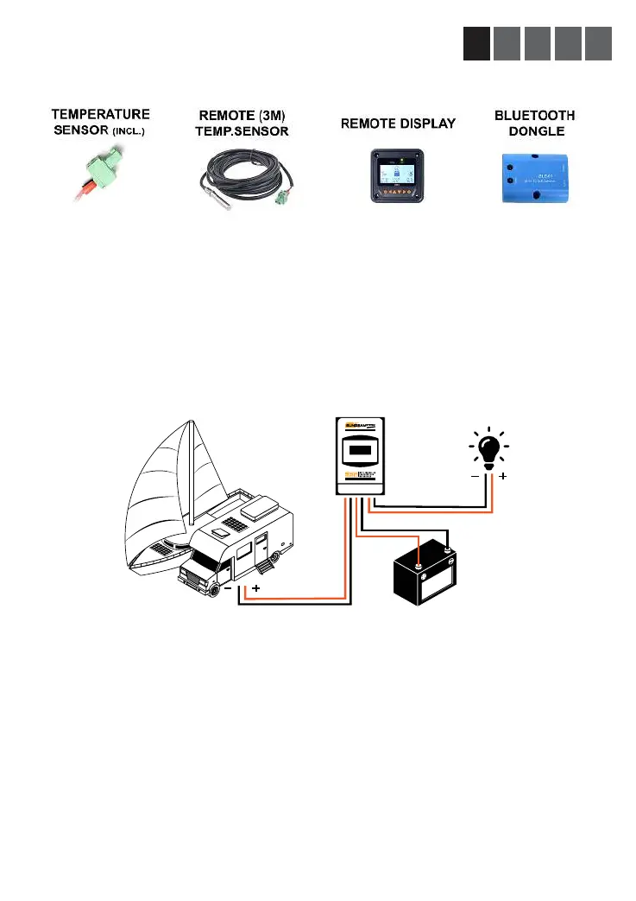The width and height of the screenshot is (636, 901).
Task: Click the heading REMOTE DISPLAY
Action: click(399, 124)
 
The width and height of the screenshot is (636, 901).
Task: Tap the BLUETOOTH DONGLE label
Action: click(534, 122)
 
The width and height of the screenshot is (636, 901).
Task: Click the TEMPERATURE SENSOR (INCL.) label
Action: click(101, 121)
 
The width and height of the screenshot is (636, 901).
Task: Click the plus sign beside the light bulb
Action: click(503, 476)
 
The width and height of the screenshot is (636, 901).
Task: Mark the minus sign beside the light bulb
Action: click(475, 476)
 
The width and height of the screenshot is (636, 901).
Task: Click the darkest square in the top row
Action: click(476, 44)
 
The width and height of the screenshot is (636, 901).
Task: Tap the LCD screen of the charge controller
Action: click(361, 450)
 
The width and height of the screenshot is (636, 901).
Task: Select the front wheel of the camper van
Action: click(212, 590)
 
